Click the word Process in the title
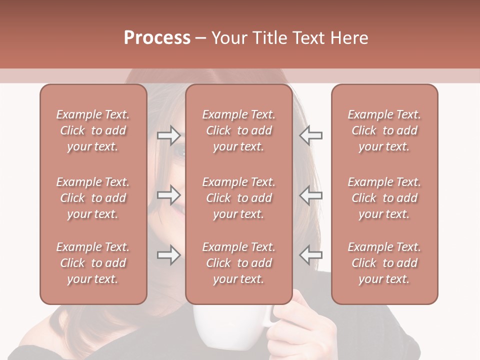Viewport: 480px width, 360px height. (x=157, y=38)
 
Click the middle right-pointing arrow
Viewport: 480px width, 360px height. (x=168, y=195)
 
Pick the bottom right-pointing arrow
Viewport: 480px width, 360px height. (x=168, y=255)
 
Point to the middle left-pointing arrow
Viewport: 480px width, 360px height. (x=310, y=195)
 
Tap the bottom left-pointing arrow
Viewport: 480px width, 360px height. (x=310, y=255)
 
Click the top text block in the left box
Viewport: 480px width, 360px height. (x=93, y=130)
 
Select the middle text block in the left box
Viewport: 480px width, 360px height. (x=93, y=198)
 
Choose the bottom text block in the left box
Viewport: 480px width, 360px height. (x=93, y=263)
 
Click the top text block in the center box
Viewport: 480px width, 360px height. (x=238, y=130)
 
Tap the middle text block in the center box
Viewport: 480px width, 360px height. (x=238, y=198)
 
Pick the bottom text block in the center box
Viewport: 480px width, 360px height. (x=238, y=263)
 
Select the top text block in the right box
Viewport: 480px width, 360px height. (x=384, y=130)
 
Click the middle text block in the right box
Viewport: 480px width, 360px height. (x=384, y=198)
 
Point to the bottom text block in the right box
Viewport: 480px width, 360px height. (x=384, y=263)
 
